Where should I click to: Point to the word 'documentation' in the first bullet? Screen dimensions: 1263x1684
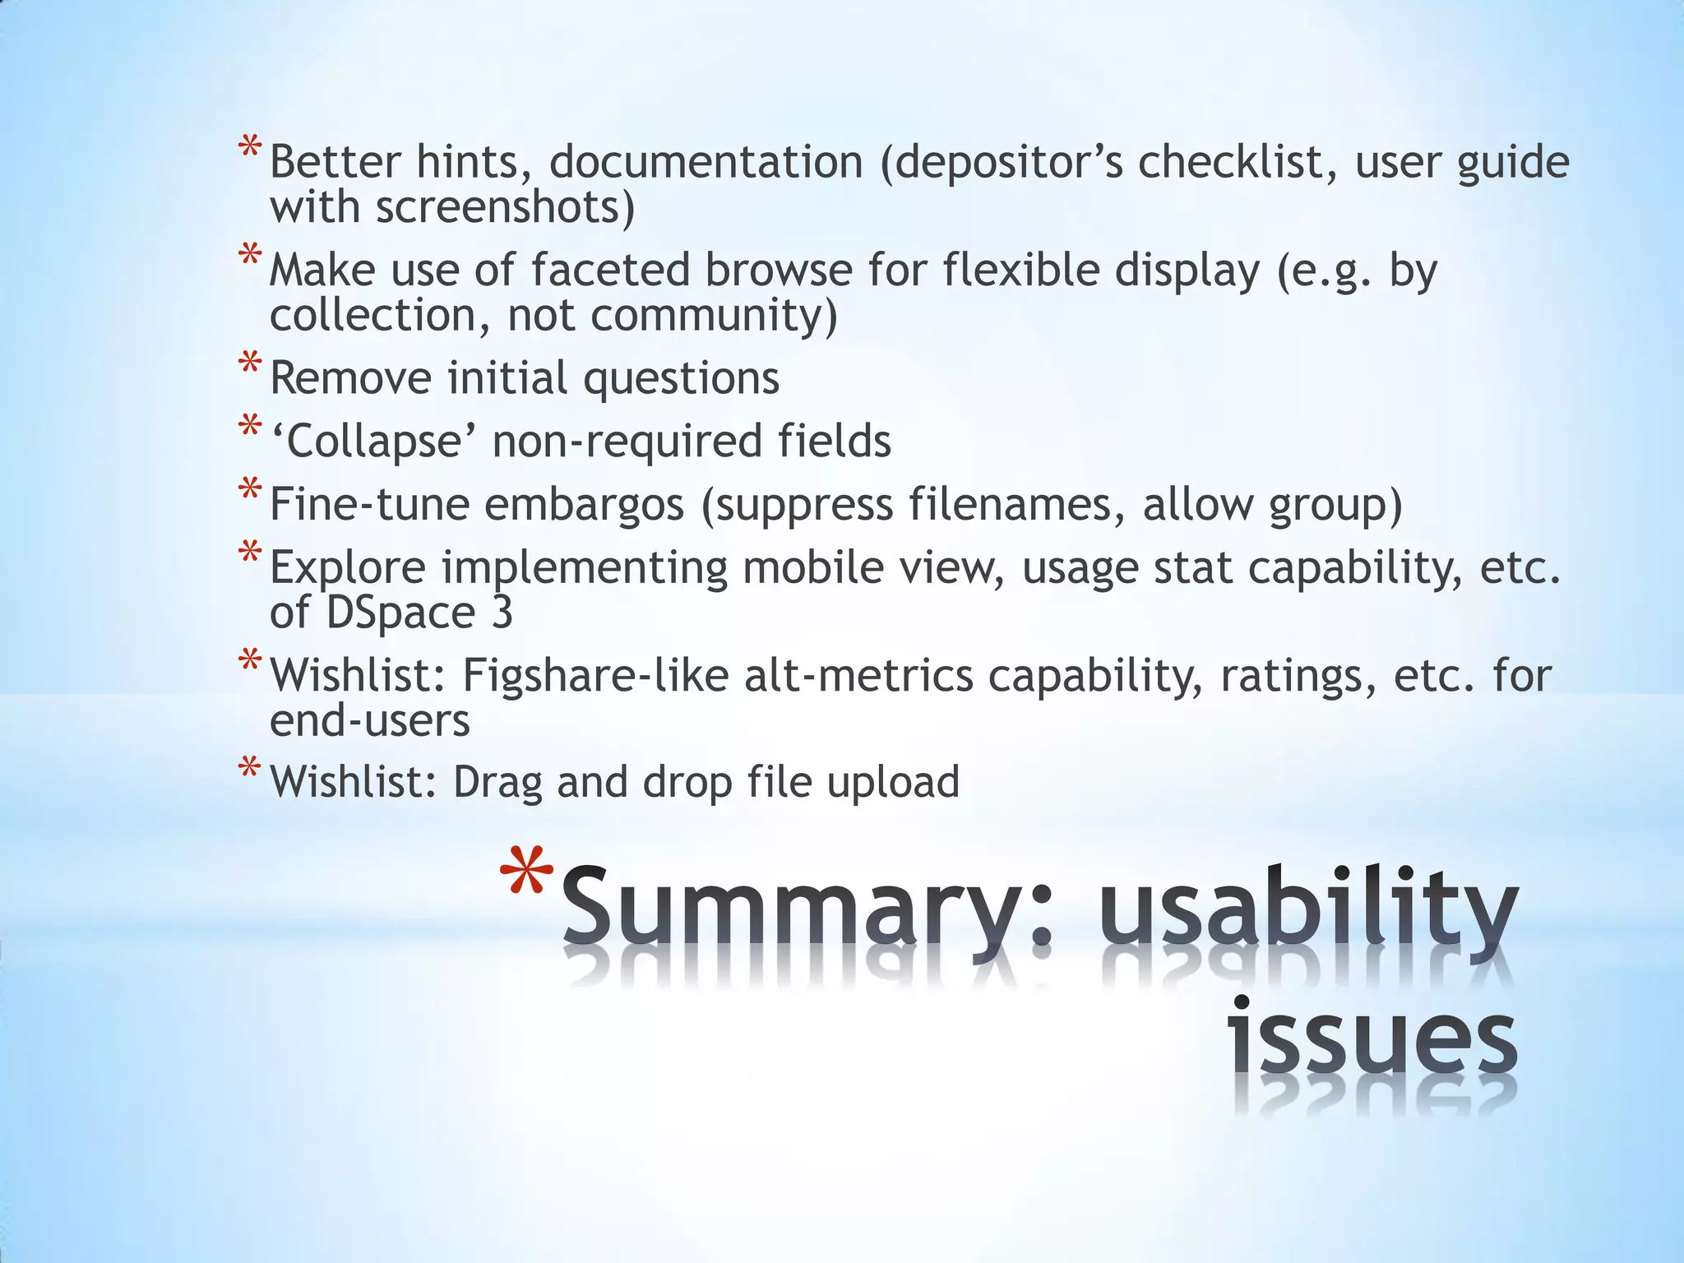706,161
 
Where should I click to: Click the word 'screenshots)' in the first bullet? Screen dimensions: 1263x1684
506,206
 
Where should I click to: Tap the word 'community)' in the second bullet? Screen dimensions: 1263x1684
714,315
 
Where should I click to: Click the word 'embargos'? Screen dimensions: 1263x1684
584,504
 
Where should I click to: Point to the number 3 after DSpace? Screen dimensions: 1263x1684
502,613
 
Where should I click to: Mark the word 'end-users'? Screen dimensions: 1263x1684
370,721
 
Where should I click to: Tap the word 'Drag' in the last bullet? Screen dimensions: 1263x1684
497,782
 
